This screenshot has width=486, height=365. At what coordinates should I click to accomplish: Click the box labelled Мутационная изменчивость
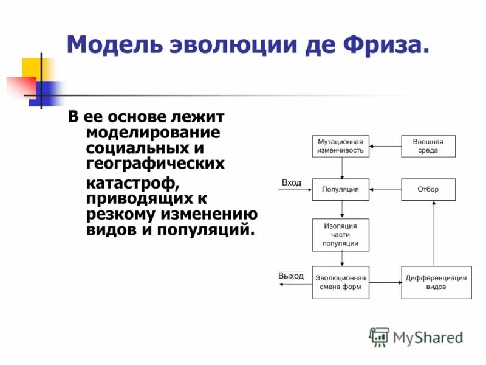click(341, 146)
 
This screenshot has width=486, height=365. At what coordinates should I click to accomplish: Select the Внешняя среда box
click(428, 146)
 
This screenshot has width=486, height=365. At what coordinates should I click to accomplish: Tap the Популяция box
click(341, 189)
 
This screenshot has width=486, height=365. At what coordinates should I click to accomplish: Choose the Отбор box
click(428, 189)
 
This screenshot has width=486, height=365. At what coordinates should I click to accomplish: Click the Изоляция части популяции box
click(341, 234)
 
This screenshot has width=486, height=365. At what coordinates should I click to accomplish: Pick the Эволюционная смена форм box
click(341, 282)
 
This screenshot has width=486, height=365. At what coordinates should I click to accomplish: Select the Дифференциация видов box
click(436, 282)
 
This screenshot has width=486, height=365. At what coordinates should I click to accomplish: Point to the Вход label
click(292, 182)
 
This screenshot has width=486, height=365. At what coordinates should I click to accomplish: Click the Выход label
click(291, 276)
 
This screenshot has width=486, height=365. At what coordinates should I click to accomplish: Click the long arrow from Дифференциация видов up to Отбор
click(434, 234)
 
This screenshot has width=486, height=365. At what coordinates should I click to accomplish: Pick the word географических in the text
click(156, 163)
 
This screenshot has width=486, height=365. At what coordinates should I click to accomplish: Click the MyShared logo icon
click(379, 336)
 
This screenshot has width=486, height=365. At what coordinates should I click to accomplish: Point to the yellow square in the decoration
click(32, 68)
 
